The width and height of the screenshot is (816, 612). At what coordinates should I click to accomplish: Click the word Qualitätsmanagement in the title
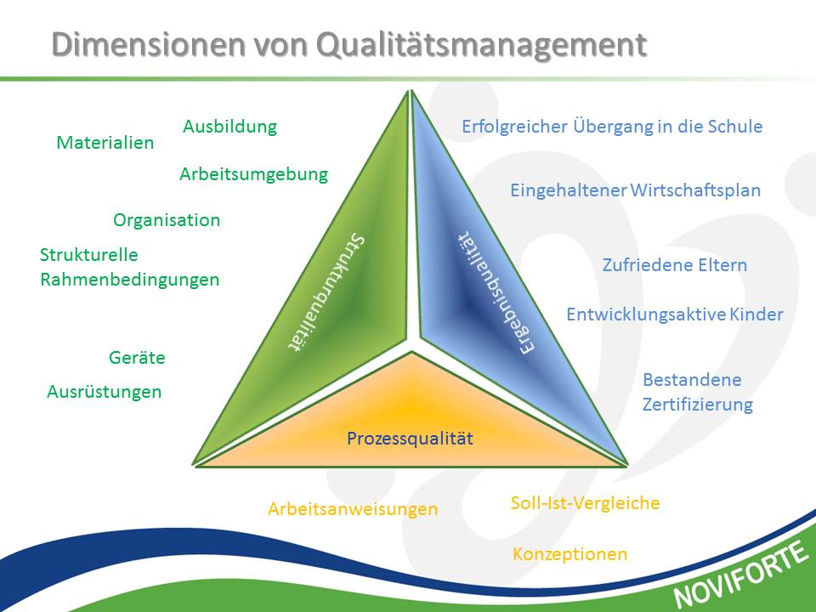[x=481, y=45]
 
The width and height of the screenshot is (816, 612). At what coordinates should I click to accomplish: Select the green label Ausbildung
[x=230, y=127]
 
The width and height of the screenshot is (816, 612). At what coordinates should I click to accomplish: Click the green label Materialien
[x=105, y=143]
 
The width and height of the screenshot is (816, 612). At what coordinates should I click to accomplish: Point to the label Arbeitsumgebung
[x=254, y=174]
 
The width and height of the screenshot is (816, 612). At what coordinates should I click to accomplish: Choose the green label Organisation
[x=167, y=220]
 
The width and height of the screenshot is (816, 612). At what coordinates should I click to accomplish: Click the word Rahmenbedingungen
[x=129, y=280]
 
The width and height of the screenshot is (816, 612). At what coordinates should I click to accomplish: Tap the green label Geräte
[x=137, y=358]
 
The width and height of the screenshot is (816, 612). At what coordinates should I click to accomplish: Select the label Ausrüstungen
[x=104, y=392]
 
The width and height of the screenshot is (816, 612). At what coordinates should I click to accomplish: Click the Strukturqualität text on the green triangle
[x=326, y=293]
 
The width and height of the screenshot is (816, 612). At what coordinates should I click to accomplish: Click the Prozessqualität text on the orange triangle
[x=410, y=439]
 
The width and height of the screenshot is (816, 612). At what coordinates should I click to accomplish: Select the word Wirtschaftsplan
[x=695, y=190]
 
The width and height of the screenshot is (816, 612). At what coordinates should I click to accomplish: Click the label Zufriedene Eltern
[x=674, y=265]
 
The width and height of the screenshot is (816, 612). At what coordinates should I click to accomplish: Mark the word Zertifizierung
[x=697, y=405]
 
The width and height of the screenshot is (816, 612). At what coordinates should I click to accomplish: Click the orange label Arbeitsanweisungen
[x=353, y=509]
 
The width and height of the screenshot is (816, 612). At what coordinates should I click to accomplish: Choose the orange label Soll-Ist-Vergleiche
[x=585, y=503]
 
